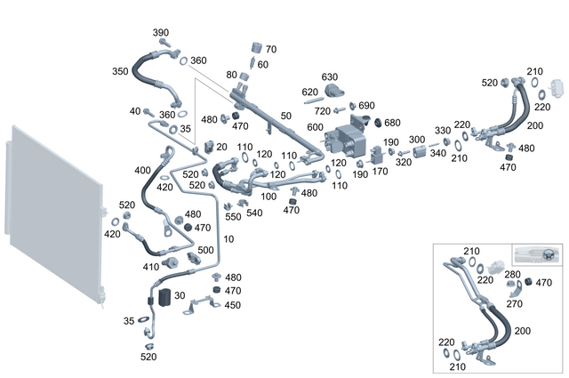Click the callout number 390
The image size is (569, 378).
tap(161, 33)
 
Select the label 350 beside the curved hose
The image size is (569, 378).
tap(119, 70)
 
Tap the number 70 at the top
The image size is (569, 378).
tap(271, 49)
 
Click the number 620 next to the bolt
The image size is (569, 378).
tap(309, 92)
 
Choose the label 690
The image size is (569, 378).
tap(367, 105)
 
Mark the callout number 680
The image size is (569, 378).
tap(392, 122)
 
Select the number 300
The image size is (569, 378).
tap(416, 140)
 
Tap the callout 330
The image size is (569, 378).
tap(442, 131)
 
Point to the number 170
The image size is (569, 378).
tap(380, 171)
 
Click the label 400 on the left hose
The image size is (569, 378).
tap(142, 170)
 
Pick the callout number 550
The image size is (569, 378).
tap(233, 216)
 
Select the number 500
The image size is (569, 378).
tap(204, 251)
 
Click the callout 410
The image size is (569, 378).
tap(150, 266)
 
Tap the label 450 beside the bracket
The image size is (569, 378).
tap(232, 305)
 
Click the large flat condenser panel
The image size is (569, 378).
tap(53, 218)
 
